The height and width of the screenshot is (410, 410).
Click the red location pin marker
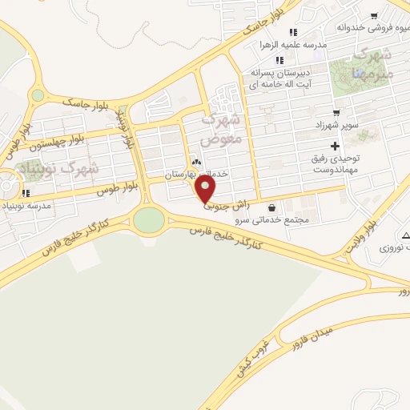click(206, 189)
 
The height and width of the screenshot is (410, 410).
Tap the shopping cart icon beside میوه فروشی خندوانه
click(373, 17)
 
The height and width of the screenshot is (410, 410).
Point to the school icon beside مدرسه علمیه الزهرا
click(293, 33)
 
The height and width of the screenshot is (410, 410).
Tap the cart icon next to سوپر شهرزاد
click(336, 113)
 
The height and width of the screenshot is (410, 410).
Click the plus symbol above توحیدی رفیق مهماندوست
click(335, 146)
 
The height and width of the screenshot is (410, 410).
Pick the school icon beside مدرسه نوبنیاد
click(26, 193)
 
